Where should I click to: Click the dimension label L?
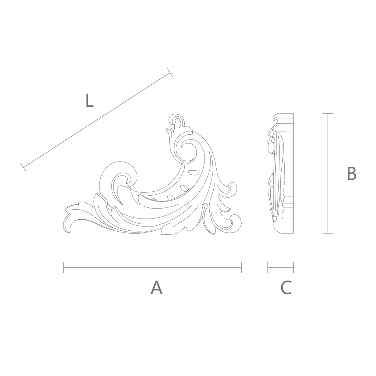89,100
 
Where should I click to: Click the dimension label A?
156,287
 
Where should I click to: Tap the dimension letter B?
351,173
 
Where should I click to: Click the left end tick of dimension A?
63,268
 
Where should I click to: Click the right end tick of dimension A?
241,268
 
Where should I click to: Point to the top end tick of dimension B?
328,113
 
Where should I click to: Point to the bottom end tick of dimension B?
328,233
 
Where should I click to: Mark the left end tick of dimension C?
268,268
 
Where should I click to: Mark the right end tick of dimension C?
293,268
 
